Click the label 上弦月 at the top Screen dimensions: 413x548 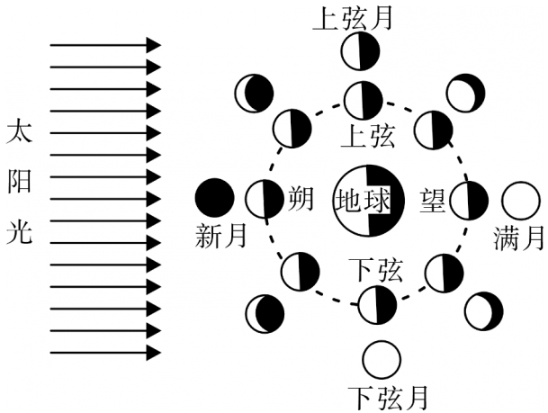[352, 19]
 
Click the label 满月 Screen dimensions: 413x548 [519, 238]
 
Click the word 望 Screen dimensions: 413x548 [433, 199]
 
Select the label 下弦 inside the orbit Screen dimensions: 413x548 [375, 269]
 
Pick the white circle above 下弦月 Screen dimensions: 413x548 [382, 359]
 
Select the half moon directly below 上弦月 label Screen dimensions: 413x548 [360, 51]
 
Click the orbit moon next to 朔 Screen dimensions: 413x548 [265, 200]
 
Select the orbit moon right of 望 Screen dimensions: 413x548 [469, 200]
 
